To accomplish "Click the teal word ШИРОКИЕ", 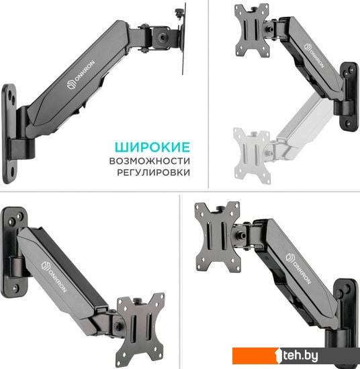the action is (x=152, y=148).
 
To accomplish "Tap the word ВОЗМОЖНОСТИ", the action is (x=150, y=161).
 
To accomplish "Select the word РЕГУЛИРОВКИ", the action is (x=153, y=172).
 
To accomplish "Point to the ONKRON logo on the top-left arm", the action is (x=81, y=75).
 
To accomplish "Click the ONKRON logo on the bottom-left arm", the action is (x=54, y=276).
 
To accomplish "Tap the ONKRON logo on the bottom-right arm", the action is (x=298, y=268).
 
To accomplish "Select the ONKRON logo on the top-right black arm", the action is (x=314, y=56).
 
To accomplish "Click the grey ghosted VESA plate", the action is (x=252, y=156).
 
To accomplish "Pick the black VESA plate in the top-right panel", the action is (x=253, y=31).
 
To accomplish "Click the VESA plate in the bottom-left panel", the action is (x=141, y=329).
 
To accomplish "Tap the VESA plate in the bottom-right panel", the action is (x=218, y=238).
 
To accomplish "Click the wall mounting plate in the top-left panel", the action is (x=9, y=134).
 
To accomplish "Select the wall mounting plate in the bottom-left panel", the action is (x=13, y=252).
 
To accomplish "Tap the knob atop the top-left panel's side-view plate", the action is (x=179, y=12).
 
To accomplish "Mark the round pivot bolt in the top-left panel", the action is (x=163, y=37).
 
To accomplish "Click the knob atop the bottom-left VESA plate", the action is (x=138, y=301).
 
